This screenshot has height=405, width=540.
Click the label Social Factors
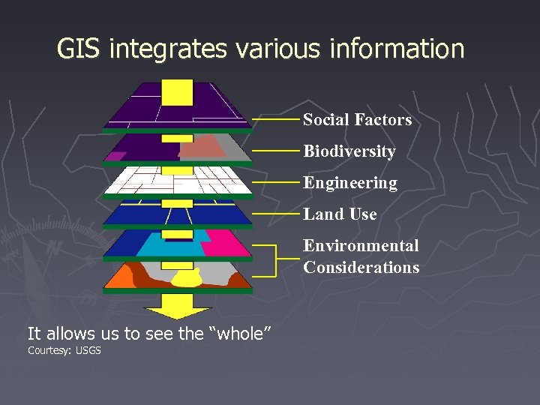point(357,120)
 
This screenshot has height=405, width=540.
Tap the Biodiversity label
point(349,151)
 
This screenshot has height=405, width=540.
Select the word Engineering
point(349,183)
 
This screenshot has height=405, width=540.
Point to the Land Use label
point(340,214)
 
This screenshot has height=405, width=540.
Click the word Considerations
point(361,267)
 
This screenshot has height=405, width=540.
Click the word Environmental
point(361,246)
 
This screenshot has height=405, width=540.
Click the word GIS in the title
point(80,49)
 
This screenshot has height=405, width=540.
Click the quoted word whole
point(241,334)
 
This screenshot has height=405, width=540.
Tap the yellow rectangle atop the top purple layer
point(178,91)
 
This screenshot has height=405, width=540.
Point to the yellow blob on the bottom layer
point(187,279)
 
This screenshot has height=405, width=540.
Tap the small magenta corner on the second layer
point(115,156)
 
